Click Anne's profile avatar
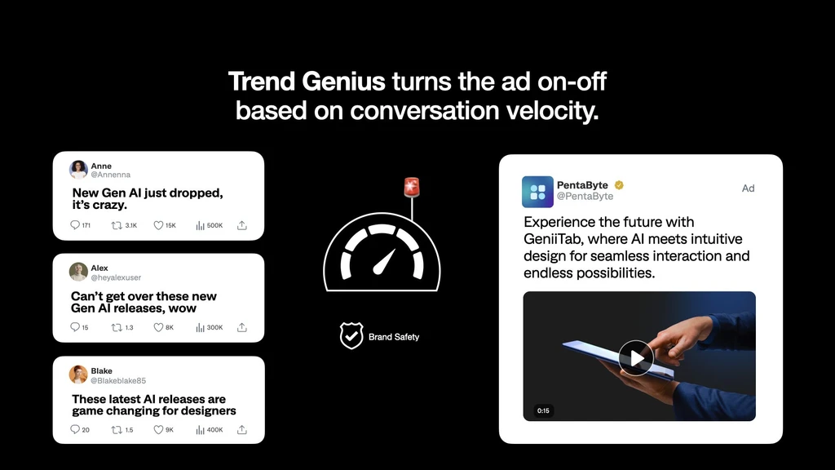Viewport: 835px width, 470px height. coord(78,170)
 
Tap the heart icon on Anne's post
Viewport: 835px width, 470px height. coord(158,225)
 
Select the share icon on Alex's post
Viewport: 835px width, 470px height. coord(241,327)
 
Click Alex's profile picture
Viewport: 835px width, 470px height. coord(78,272)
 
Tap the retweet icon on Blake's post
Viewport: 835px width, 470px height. coord(116,430)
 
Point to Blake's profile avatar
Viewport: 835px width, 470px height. coord(78,375)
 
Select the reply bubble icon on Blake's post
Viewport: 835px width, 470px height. coord(75,430)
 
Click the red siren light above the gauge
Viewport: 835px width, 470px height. coord(411,187)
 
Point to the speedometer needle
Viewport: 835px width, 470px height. coord(384,261)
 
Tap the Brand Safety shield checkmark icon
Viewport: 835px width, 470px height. coord(351,335)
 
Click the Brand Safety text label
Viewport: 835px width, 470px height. coord(394,336)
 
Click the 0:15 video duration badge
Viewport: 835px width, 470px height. coord(543,410)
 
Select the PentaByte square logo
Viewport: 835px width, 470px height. coord(537,192)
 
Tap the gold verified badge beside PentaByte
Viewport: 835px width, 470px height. coord(619,185)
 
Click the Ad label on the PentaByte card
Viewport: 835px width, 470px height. coord(748,188)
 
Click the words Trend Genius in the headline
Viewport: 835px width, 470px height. coord(307,82)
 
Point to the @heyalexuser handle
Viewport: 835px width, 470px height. coord(116,277)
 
